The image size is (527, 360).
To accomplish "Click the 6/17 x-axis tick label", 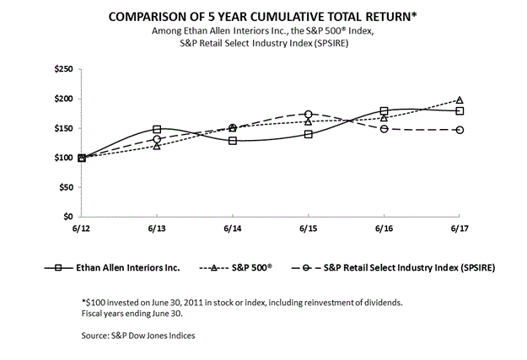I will [x=460, y=228].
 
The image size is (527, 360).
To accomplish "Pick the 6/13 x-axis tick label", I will [x=157, y=228].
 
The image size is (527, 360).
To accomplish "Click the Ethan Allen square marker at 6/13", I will [x=157, y=130].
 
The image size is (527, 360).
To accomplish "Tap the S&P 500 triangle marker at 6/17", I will [x=460, y=100].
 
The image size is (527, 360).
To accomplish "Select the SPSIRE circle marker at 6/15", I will [x=309, y=114].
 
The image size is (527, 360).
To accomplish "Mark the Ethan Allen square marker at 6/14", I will [x=233, y=140].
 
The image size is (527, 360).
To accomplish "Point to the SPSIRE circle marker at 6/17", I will [x=460, y=130].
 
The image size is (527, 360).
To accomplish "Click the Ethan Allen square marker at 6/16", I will [x=384, y=111].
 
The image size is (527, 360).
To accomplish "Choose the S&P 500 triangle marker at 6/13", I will [x=157, y=146].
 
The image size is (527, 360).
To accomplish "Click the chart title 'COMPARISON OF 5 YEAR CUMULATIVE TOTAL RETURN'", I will [x=263, y=16].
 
